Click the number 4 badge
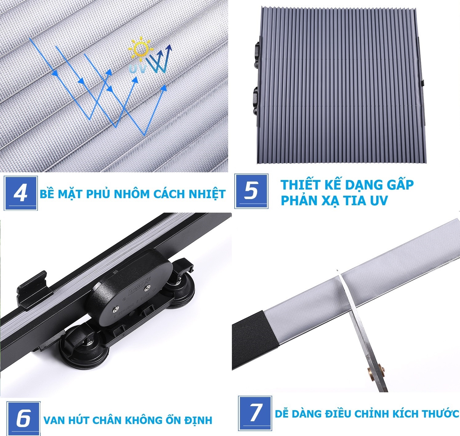tap(21, 193)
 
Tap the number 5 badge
tap(251, 191)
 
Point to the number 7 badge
tap(255, 413)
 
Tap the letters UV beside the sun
tap(138, 69)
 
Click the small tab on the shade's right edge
tap(423, 83)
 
